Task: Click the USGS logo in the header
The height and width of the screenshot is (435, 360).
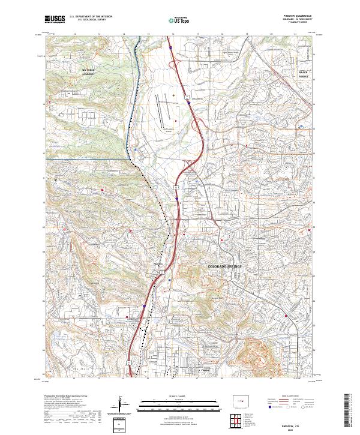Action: pos(55,19)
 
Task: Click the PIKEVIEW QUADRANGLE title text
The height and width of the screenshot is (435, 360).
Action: pos(302,16)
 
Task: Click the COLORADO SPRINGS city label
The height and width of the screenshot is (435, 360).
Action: pos(228,266)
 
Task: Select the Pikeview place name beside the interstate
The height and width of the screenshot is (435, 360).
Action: pos(158,264)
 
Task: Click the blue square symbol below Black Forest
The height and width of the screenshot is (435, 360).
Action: pos(301,126)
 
